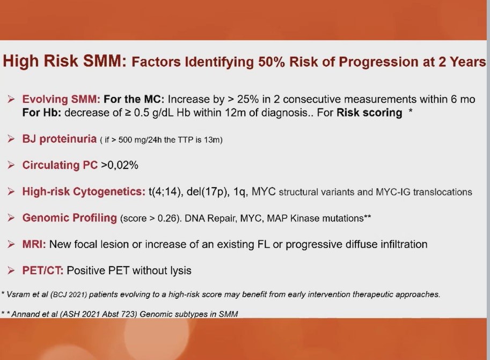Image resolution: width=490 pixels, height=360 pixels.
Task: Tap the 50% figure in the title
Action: [x=272, y=62]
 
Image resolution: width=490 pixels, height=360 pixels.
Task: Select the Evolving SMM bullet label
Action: [x=61, y=99]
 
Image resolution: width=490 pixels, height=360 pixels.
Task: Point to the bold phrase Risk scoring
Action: [x=369, y=113]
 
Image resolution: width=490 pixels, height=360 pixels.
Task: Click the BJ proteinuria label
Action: [x=60, y=139]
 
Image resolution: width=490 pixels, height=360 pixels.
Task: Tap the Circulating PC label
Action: [x=60, y=165]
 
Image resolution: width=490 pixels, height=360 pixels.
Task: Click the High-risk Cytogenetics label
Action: [x=84, y=191]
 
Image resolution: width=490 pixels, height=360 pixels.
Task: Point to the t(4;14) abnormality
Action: [x=166, y=192]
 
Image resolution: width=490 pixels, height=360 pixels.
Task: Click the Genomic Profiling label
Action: [x=69, y=217]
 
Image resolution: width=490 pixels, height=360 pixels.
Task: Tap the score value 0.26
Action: [x=167, y=218]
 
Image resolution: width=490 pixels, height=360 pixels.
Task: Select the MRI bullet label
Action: [x=34, y=244]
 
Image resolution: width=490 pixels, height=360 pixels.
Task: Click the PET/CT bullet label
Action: [x=43, y=270]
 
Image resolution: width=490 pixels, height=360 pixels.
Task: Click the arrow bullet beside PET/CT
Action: [x=11, y=270]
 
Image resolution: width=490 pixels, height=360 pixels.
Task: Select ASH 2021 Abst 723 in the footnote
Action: [x=99, y=314]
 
